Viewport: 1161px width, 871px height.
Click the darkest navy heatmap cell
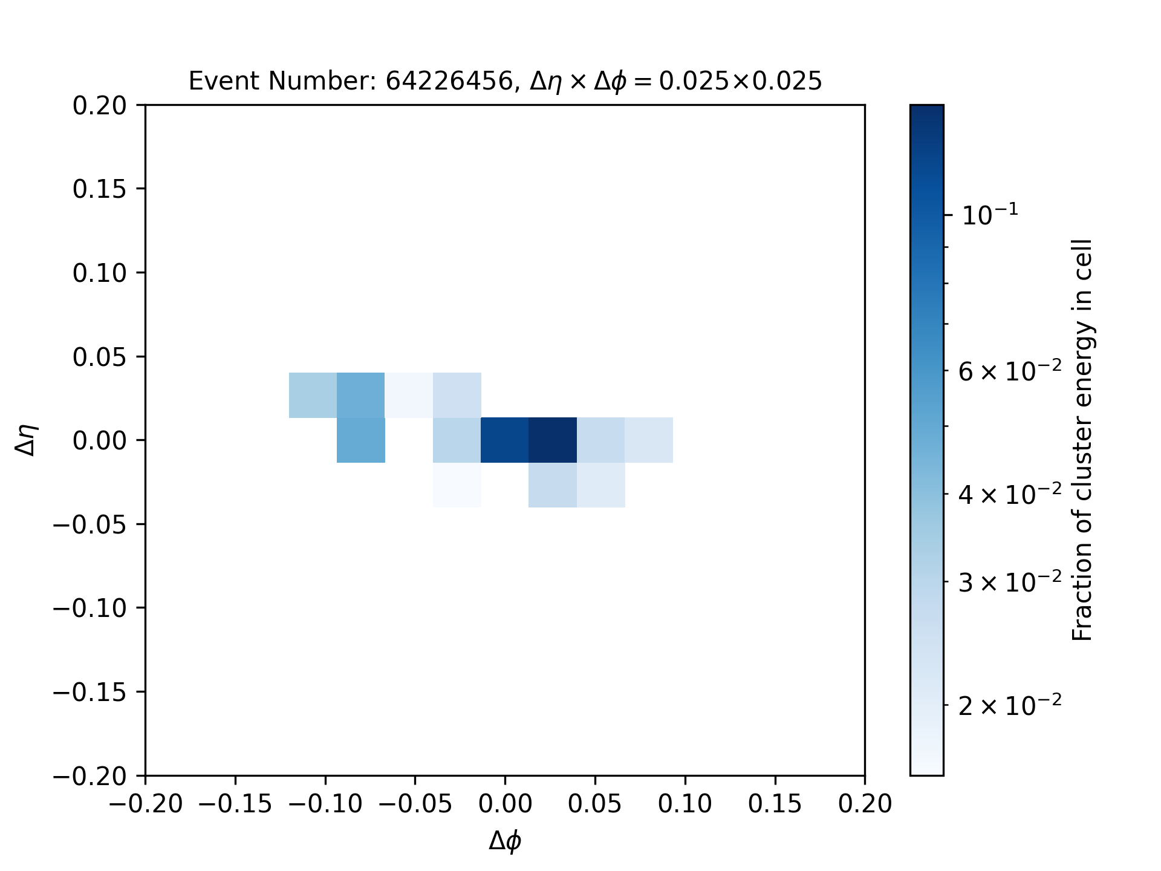pyautogui.click(x=553, y=440)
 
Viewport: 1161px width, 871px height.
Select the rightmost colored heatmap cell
pyautogui.click(x=649, y=440)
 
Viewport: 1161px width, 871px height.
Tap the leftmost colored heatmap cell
pyautogui.click(x=313, y=395)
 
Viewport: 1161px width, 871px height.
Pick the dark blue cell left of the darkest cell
pyautogui.click(x=505, y=440)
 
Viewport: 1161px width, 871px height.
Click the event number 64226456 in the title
pyautogui.click(x=449, y=80)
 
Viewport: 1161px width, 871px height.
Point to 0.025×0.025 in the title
pyautogui.click(x=740, y=80)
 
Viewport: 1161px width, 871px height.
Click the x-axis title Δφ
pyautogui.click(x=505, y=841)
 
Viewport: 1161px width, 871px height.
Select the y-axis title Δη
pyautogui.click(x=27, y=440)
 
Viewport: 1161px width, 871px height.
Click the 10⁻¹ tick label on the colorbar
pyautogui.click(x=990, y=214)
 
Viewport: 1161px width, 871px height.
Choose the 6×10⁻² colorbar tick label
pyautogui.click(x=1010, y=370)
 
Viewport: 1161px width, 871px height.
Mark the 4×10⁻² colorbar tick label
pyautogui.click(x=1010, y=494)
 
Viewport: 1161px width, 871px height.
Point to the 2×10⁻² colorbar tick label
pyautogui.click(x=1010, y=704)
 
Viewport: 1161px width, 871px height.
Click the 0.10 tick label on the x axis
pyautogui.click(x=685, y=804)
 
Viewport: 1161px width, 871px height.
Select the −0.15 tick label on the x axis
pyautogui.click(x=235, y=804)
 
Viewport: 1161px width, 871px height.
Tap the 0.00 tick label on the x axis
pyautogui.click(x=505, y=804)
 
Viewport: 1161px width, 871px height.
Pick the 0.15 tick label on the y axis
pyautogui.click(x=100, y=189)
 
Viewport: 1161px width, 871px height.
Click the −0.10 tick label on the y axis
pyautogui.click(x=89, y=608)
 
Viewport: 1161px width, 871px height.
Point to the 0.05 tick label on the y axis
pyautogui.click(x=100, y=356)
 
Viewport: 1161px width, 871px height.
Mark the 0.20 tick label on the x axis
pyautogui.click(x=865, y=804)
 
